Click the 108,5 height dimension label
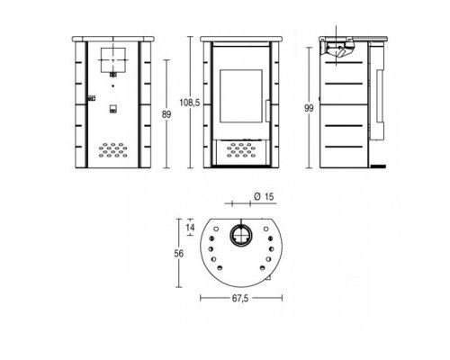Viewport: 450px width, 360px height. tap(189, 103)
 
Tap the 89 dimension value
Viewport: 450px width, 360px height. tap(166, 114)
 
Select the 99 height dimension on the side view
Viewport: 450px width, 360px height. tap(309, 108)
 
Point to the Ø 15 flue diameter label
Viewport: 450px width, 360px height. tap(264, 197)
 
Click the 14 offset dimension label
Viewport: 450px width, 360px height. tap(190, 228)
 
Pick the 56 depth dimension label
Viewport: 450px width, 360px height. tap(179, 254)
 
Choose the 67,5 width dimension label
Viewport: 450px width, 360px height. tap(240, 299)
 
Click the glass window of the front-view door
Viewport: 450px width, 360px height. tap(241, 96)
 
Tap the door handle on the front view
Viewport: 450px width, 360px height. tap(267, 111)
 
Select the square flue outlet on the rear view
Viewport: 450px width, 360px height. tap(113, 60)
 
